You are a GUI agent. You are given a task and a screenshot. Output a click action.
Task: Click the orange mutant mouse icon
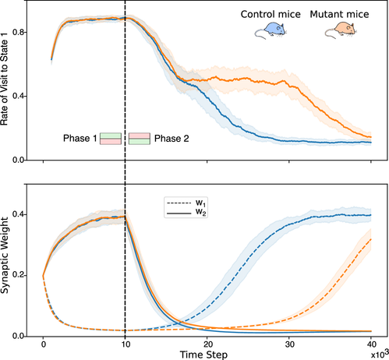point(341,31)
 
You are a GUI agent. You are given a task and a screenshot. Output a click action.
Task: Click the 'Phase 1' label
point(80,138)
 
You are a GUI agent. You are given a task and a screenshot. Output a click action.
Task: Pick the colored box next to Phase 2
point(139,138)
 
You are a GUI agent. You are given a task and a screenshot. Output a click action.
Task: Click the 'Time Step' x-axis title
point(207,354)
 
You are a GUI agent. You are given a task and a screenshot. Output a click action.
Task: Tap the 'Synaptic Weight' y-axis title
point(8,260)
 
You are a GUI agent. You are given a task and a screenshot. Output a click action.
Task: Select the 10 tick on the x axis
point(125,342)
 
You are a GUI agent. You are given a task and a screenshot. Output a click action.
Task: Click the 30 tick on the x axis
point(289,342)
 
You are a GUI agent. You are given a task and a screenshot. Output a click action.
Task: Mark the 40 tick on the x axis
point(371,342)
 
